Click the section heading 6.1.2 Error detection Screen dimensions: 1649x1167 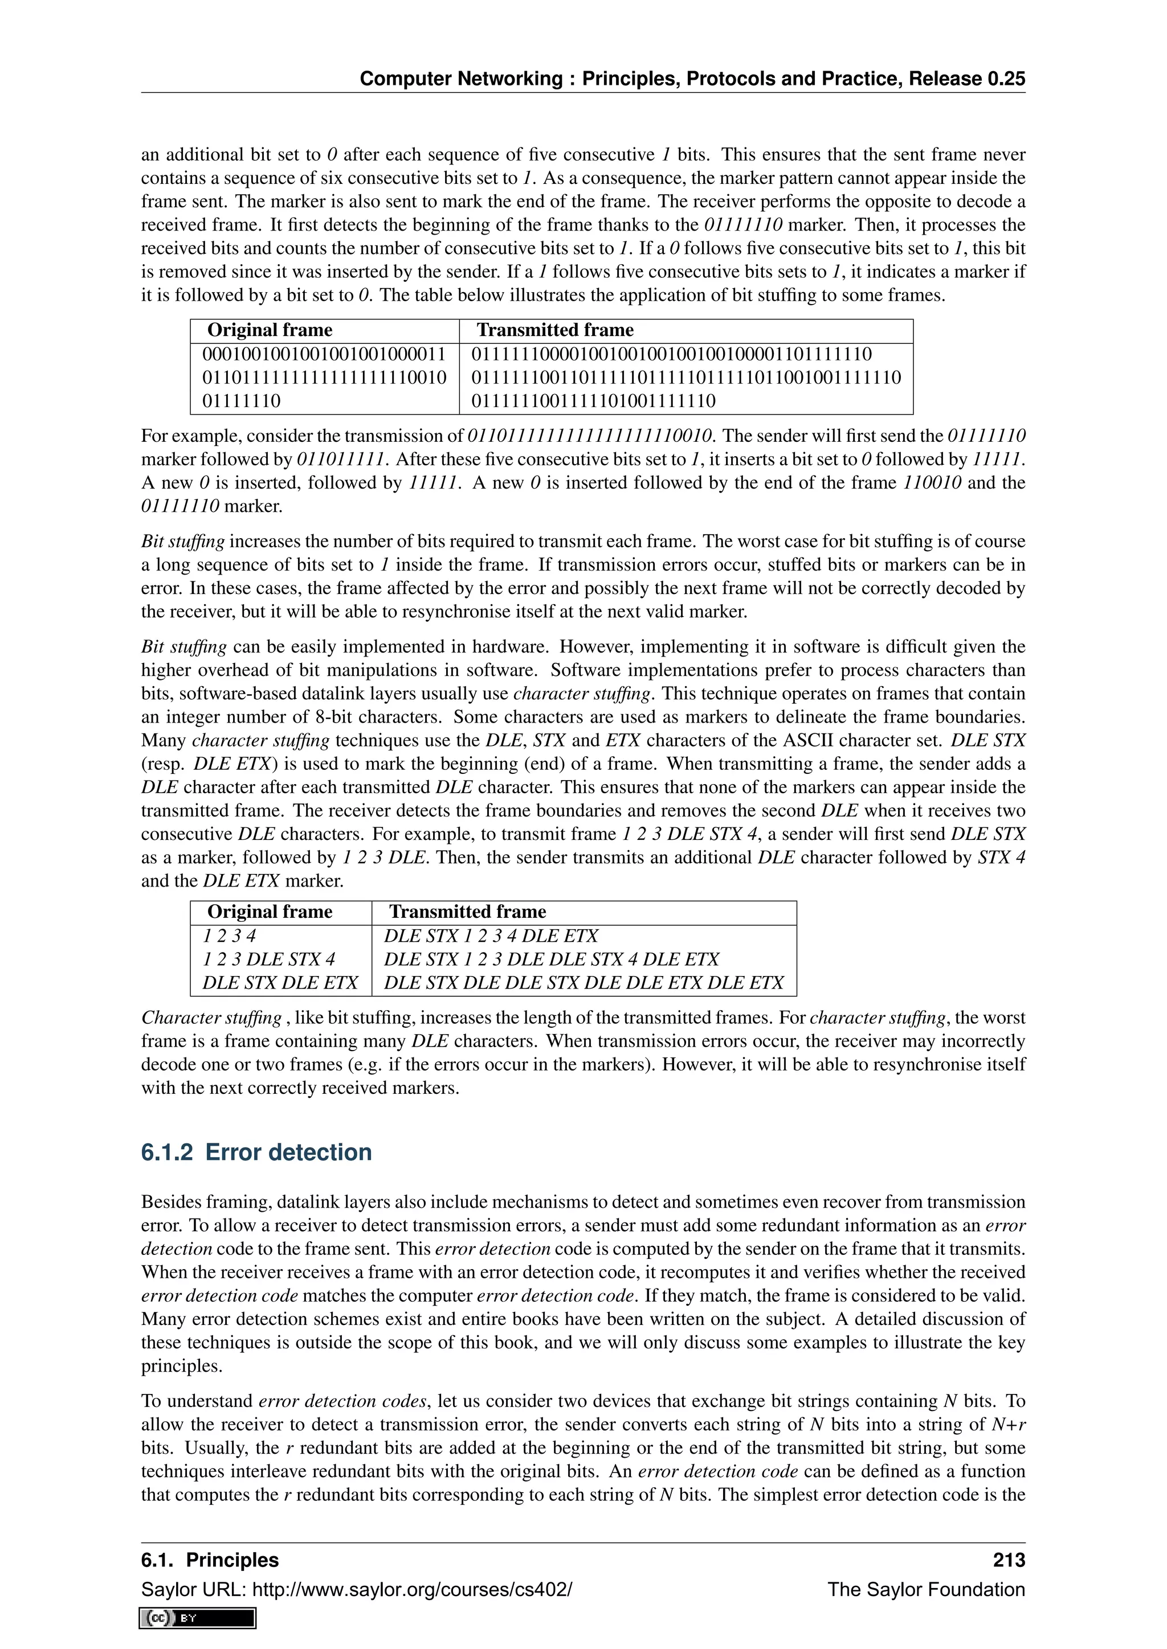pyautogui.click(x=256, y=1152)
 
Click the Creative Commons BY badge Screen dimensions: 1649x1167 pyautogui.click(x=198, y=1618)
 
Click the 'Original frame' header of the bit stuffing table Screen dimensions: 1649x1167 pyautogui.click(x=270, y=330)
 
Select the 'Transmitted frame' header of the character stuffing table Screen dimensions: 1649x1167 pyautogui.click(x=467, y=912)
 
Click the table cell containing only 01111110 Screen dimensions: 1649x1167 pyautogui.click(x=242, y=401)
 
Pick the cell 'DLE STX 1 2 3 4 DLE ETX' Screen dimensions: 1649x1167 pyautogui.click(x=491, y=937)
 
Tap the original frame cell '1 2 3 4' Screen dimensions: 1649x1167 pyautogui.click(x=229, y=937)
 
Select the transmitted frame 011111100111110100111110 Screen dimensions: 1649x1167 pyautogui.click(x=594, y=401)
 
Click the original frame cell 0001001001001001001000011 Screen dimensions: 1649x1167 pyautogui.click(x=324, y=354)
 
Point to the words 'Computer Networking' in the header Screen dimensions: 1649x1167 pyautogui.click(x=460, y=79)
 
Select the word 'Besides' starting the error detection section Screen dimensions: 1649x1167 pyautogui.click(x=170, y=1202)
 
